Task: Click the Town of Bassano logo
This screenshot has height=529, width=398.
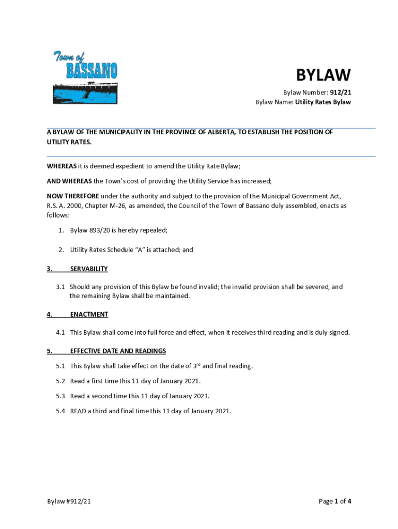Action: point(85,77)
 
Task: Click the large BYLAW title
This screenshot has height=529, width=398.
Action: point(323,75)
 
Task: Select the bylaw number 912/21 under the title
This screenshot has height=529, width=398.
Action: point(341,92)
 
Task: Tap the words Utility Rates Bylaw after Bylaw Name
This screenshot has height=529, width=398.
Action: point(323,102)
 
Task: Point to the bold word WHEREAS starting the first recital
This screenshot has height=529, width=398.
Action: point(62,166)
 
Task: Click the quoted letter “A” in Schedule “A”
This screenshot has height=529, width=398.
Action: point(140,250)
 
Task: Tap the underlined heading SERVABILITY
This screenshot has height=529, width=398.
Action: point(89,269)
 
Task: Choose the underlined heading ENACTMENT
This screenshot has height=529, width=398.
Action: point(89,314)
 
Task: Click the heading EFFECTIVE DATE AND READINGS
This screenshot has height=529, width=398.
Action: point(118,351)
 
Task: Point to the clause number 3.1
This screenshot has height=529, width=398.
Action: point(60,287)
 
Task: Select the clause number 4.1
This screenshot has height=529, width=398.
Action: point(60,332)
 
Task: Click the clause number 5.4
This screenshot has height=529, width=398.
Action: point(60,411)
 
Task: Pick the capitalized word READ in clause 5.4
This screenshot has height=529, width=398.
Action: point(78,411)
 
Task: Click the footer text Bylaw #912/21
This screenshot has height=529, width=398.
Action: point(70,501)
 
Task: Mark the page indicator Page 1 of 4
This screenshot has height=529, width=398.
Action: point(335,501)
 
